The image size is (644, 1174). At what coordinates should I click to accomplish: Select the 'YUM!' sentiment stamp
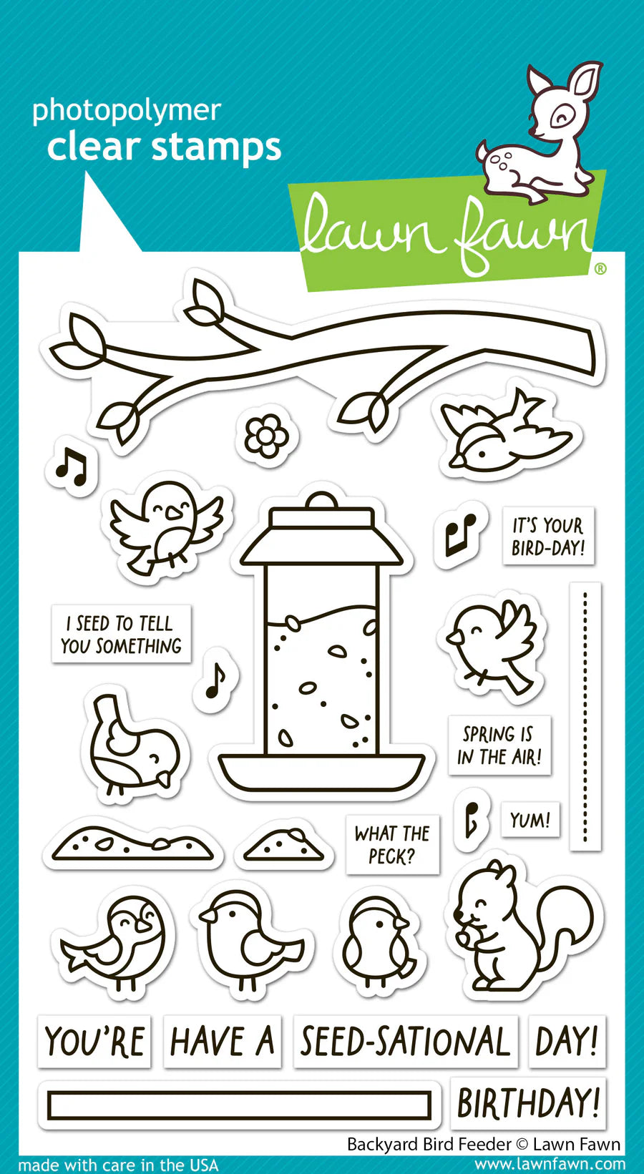[530, 820]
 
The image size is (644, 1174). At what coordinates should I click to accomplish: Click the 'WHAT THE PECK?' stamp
[392, 844]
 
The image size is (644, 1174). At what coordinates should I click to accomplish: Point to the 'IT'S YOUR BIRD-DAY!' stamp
[548, 537]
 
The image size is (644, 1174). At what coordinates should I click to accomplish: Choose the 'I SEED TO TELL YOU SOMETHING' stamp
[121, 635]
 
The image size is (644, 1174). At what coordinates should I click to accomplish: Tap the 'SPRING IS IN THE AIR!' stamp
[499, 745]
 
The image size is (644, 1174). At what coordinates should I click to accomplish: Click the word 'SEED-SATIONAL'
[405, 1042]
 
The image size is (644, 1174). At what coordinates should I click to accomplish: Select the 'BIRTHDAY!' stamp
[528, 1103]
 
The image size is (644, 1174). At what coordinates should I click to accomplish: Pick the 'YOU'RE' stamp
[94, 1042]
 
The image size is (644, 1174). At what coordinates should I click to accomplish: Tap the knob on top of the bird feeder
[320, 499]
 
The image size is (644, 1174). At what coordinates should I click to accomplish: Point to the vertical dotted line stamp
[585, 715]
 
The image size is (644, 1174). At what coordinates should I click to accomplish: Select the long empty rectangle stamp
[239, 1106]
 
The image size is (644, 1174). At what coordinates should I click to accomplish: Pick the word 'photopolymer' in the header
[127, 111]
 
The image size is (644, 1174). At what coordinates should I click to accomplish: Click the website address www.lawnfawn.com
[550, 1165]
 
